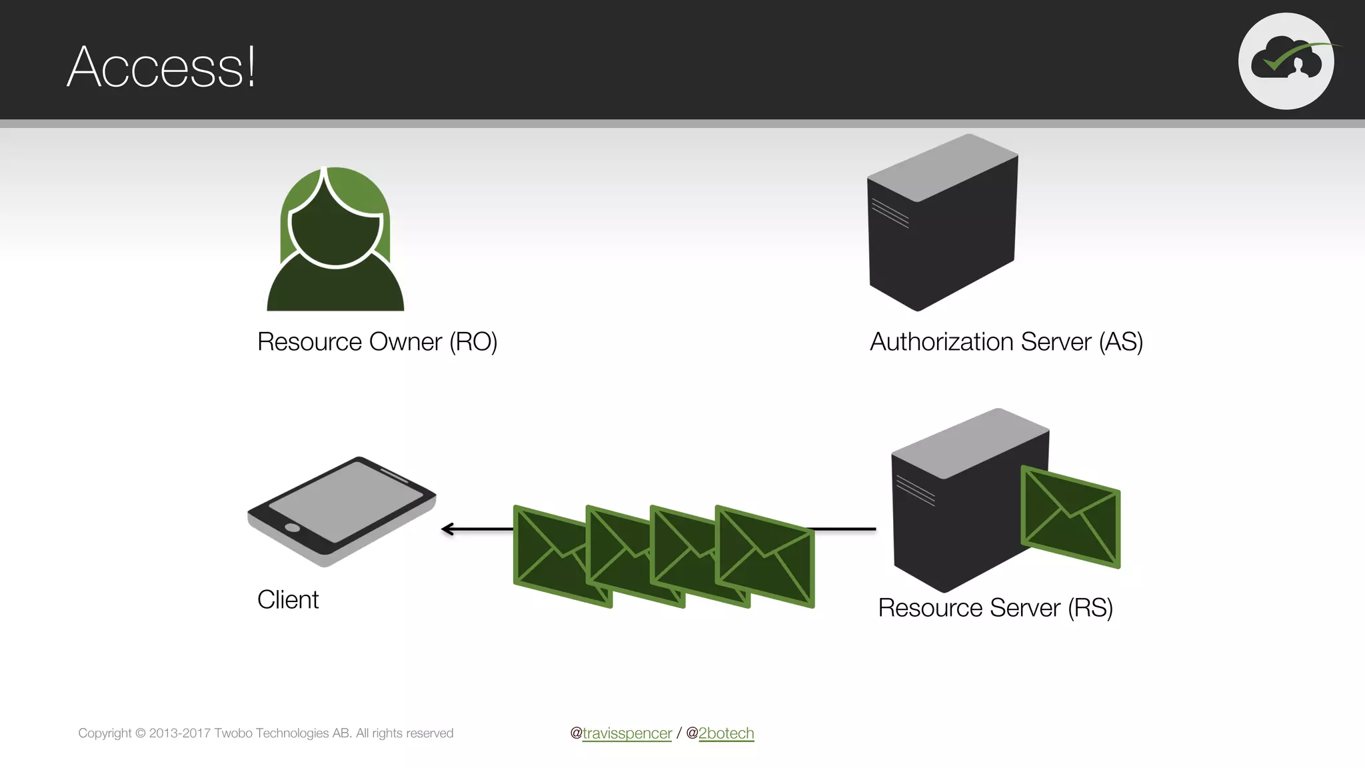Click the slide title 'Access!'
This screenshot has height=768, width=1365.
point(161,67)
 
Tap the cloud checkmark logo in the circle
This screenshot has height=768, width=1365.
point(1286,61)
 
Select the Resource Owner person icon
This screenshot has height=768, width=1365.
point(335,240)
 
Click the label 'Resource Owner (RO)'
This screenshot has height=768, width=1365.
point(377,342)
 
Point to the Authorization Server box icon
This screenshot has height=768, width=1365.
point(942,223)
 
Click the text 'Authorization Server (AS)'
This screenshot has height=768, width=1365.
point(1006,342)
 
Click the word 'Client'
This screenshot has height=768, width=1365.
point(288,600)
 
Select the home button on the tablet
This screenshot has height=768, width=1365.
point(292,528)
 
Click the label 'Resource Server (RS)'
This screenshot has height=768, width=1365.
point(995,608)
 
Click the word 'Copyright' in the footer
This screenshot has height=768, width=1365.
point(105,733)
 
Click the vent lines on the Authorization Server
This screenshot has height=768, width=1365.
point(890,213)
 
